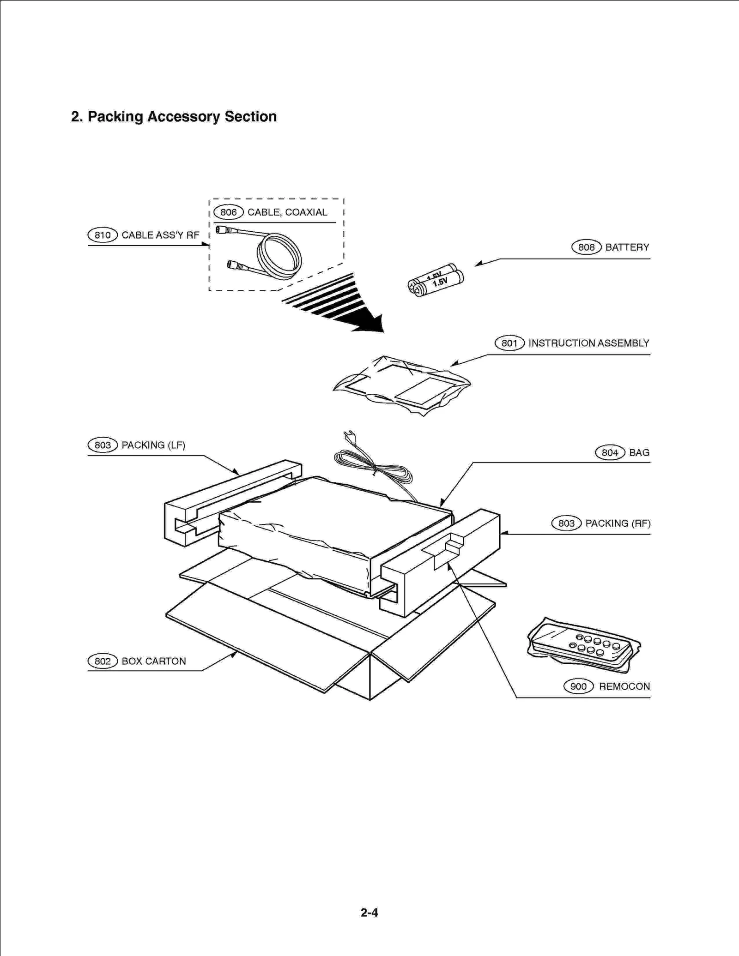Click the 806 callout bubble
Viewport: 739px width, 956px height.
click(228, 212)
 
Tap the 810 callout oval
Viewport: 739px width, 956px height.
click(103, 235)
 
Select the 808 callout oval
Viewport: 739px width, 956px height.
click(586, 247)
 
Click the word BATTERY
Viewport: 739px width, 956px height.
click(627, 247)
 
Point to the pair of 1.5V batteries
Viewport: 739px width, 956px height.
click(436, 281)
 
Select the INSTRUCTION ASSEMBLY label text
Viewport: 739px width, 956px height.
click(588, 343)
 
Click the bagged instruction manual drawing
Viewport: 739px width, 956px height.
click(402, 385)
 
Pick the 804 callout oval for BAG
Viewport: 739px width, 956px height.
click(610, 453)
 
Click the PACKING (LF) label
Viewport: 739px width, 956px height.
click(153, 445)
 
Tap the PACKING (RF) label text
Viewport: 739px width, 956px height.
click(618, 523)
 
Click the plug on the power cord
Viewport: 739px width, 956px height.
click(350, 436)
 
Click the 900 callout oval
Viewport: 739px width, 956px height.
click(578, 686)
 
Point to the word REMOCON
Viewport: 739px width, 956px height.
click(624, 686)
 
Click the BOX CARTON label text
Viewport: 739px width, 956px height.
click(154, 661)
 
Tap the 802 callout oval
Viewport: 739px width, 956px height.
click(103, 661)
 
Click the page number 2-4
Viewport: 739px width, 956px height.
click(369, 913)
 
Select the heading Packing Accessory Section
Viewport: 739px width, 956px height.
click(182, 117)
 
